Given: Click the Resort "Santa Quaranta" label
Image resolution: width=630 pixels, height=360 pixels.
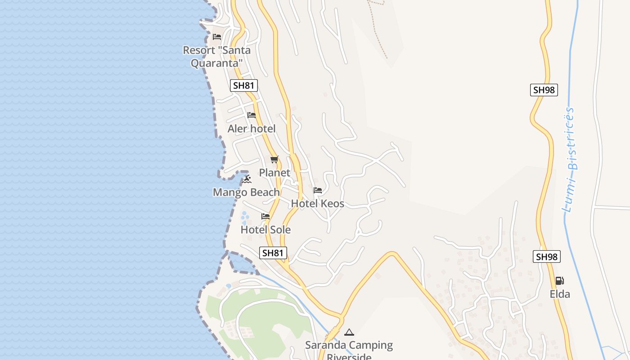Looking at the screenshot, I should [x=216, y=56].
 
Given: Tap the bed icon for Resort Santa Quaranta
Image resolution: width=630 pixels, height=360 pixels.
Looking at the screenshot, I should [x=217, y=37].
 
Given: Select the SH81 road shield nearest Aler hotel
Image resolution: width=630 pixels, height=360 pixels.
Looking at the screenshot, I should [x=244, y=85].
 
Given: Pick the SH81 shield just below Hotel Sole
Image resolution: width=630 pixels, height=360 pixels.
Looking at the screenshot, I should [x=273, y=253].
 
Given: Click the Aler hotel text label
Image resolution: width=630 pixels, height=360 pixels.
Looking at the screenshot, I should [x=252, y=129].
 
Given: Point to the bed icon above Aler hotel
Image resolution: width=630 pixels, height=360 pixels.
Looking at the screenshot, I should [x=252, y=116].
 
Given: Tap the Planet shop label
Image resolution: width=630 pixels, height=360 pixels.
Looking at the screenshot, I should [x=274, y=173].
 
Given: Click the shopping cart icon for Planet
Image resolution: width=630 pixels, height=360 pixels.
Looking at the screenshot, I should [x=274, y=160].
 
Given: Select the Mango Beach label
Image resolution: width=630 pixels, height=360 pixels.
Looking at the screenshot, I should [x=246, y=193].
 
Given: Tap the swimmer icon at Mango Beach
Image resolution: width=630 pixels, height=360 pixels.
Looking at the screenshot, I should [x=247, y=180].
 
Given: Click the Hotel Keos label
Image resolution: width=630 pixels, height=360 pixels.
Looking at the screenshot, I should [x=318, y=203].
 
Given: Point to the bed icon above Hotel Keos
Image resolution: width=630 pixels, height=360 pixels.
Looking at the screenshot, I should [x=318, y=190].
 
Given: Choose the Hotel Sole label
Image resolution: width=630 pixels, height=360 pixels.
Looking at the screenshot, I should [x=265, y=229].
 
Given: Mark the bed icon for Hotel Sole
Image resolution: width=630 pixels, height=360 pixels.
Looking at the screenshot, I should [x=265, y=217].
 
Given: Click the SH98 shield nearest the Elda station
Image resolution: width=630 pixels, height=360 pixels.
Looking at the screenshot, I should [x=547, y=257].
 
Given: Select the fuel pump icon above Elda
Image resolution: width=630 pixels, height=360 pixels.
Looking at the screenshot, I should [x=560, y=281].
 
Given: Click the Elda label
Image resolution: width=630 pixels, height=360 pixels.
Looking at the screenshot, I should [x=560, y=294].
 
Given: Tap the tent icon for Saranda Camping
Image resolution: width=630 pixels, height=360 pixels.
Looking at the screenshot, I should [x=349, y=333].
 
